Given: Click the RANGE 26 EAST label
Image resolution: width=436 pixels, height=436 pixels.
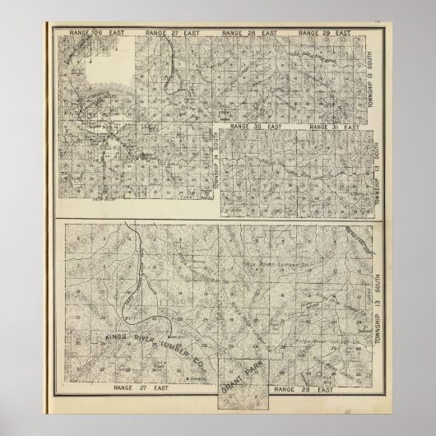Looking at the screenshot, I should click(89, 34).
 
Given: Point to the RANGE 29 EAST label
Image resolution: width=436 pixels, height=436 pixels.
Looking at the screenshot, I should click(322, 34).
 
